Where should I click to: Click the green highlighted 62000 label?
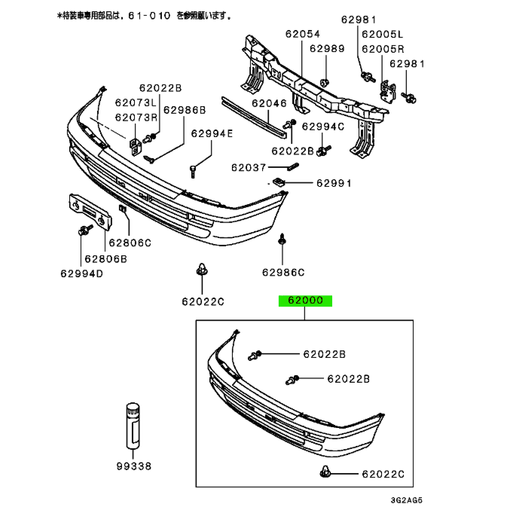[x=305, y=301]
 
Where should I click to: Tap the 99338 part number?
[x=134, y=466]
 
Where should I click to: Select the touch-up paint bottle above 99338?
[x=133, y=426]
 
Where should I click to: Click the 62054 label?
[x=303, y=34]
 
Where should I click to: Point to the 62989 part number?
[x=327, y=49]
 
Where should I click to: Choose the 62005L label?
[x=383, y=35]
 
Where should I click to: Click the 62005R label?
[x=383, y=49]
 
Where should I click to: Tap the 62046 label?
[x=269, y=103]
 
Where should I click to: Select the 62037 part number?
[x=249, y=168]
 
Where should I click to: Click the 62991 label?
[x=334, y=183]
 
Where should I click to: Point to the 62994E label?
[x=212, y=133]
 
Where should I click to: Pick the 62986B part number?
[x=185, y=110]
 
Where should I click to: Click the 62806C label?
[x=130, y=243]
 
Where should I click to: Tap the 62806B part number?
[x=105, y=259]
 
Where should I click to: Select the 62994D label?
[x=82, y=273]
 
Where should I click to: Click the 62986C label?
[x=283, y=273]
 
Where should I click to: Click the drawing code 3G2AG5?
[x=407, y=500]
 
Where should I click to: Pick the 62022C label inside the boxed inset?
[x=383, y=474]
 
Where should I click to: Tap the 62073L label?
[x=136, y=102]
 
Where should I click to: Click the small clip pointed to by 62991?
[x=279, y=182]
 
